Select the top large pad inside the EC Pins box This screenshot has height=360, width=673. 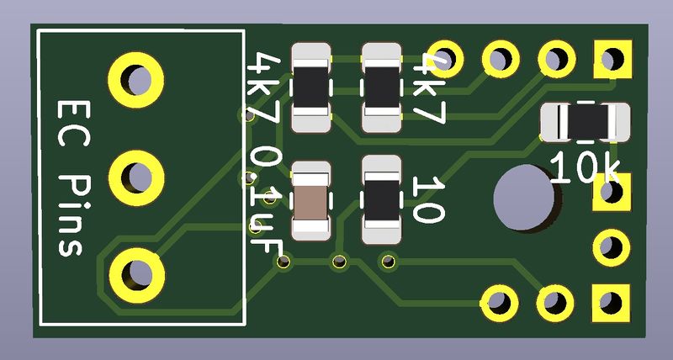click(x=136, y=80)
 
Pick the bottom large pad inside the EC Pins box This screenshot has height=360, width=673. click(x=137, y=275)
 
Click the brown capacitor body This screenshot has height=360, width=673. click(x=310, y=201)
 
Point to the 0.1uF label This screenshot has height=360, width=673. click(x=265, y=200)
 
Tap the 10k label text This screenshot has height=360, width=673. click(x=585, y=167)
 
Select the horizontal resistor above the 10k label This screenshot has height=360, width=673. click(x=585, y=122)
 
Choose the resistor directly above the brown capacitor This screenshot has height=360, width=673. click(x=310, y=87)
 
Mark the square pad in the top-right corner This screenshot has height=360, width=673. click(x=612, y=59)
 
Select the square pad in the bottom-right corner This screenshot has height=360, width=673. click(x=611, y=303)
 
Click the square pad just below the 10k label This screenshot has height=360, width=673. click(x=612, y=192)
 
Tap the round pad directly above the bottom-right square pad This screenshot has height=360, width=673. click(x=612, y=247)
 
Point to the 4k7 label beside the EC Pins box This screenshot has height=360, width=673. click(x=264, y=88)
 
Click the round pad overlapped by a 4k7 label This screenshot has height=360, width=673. click(x=445, y=59)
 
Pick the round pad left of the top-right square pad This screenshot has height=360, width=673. click(x=557, y=59)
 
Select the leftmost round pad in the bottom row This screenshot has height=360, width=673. click(x=500, y=303)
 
